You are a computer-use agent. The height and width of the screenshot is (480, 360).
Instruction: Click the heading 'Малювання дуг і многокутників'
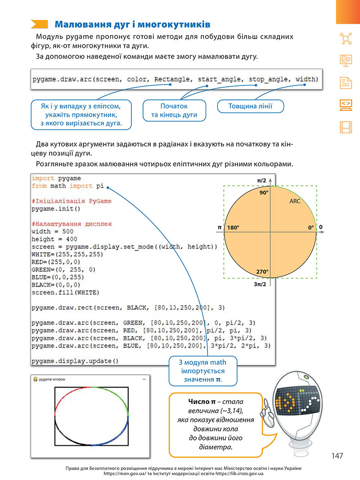(x=133, y=24)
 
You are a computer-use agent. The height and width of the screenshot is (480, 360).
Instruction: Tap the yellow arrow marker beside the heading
(x=40, y=24)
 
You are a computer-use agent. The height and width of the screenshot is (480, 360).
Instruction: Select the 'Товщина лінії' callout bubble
(x=250, y=106)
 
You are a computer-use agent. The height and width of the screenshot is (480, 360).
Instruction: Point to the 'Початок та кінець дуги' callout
(x=174, y=111)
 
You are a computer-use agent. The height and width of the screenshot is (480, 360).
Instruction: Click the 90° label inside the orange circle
(x=264, y=193)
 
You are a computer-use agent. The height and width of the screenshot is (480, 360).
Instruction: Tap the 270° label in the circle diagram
(x=262, y=272)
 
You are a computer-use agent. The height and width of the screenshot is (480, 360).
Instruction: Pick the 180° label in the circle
(x=233, y=228)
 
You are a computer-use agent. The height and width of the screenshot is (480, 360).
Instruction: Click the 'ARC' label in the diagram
(x=295, y=201)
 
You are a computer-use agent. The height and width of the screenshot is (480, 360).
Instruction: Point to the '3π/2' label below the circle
(x=260, y=284)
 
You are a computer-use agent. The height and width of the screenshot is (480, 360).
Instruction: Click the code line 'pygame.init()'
(x=56, y=209)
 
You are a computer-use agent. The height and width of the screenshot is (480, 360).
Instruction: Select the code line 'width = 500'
(x=52, y=231)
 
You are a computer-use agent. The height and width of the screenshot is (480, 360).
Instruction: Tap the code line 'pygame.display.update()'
(x=75, y=361)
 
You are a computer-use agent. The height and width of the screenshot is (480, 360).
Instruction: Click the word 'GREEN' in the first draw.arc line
(x=133, y=323)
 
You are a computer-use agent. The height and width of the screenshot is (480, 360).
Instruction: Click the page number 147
(x=337, y=456)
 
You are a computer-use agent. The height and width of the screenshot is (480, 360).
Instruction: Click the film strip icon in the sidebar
(x=346, y=127)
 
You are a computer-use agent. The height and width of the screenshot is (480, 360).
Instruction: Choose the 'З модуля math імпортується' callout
(x=203, y=371)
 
